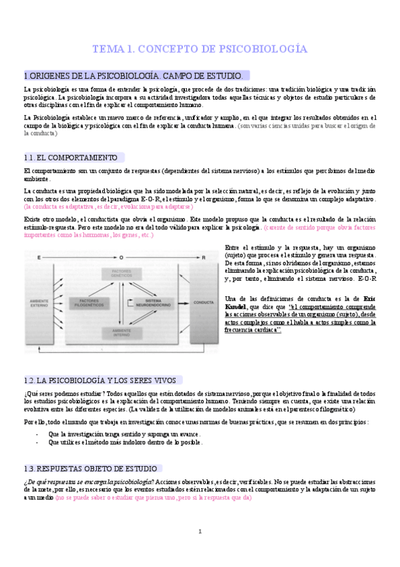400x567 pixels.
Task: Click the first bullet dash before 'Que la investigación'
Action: point(37,434)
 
